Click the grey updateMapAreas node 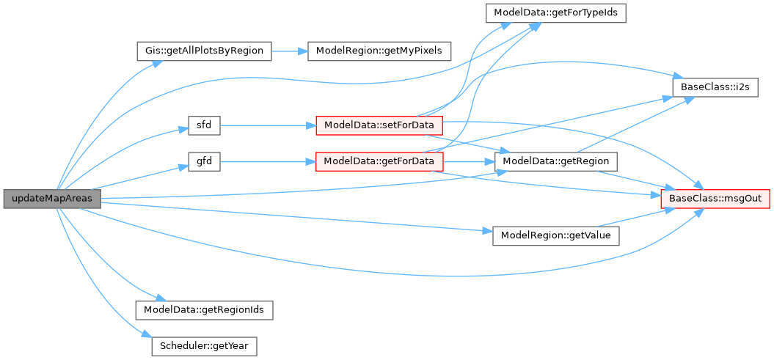click(51, 199)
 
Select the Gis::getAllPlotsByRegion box click(204, 51)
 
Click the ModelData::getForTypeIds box click(555, 13)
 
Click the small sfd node click(204, 125)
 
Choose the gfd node click(204, 161)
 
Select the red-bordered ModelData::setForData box click(379, 125)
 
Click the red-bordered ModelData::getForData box click(379, 161)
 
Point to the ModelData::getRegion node click(556, 161)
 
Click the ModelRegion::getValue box click(556, 236)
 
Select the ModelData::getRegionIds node click(204, 309)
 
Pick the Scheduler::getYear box click(204, 345)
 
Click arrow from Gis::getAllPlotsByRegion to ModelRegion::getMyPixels click(290, 51)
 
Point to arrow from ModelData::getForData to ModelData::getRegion click(470, 161)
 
